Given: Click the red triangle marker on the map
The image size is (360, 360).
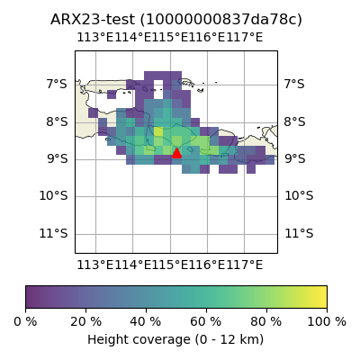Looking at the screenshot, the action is tap(176, 153).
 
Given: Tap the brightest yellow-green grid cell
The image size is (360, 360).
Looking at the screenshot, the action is tap(158, 131).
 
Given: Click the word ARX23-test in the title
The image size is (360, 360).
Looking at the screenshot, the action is tap(93, 20).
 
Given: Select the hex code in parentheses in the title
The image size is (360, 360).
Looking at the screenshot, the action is tap(221, 20).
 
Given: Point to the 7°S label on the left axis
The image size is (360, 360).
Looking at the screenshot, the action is tap(57, 85).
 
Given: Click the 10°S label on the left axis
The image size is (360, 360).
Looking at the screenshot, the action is tap(53, 196).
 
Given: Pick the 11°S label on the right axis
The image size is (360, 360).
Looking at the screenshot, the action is tap(299, 233).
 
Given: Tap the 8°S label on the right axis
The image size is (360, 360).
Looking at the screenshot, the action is tap(295, 121).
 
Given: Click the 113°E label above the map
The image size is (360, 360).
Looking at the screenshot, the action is tap(95, 38).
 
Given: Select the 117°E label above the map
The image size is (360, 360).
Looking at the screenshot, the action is tap(245, 38).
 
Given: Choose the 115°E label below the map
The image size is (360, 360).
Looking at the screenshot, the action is tap(170, 265).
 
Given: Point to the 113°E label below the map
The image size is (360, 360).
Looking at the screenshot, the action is tap(95, 265).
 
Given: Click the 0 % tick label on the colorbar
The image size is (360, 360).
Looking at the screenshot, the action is tap(25, 322).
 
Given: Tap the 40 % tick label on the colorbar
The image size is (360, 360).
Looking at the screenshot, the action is tap(146, 322).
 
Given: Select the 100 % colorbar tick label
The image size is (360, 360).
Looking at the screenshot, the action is tap(327, 322).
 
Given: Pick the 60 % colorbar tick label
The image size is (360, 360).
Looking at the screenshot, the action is tap(206, 322).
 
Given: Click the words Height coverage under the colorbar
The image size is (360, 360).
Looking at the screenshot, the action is tap(139, 340).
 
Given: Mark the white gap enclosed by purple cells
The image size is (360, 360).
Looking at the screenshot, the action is tap(158, 89).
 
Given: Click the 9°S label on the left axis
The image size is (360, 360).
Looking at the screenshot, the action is tap(57, 159).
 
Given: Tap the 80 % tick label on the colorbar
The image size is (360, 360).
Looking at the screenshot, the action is tap(266, 322).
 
